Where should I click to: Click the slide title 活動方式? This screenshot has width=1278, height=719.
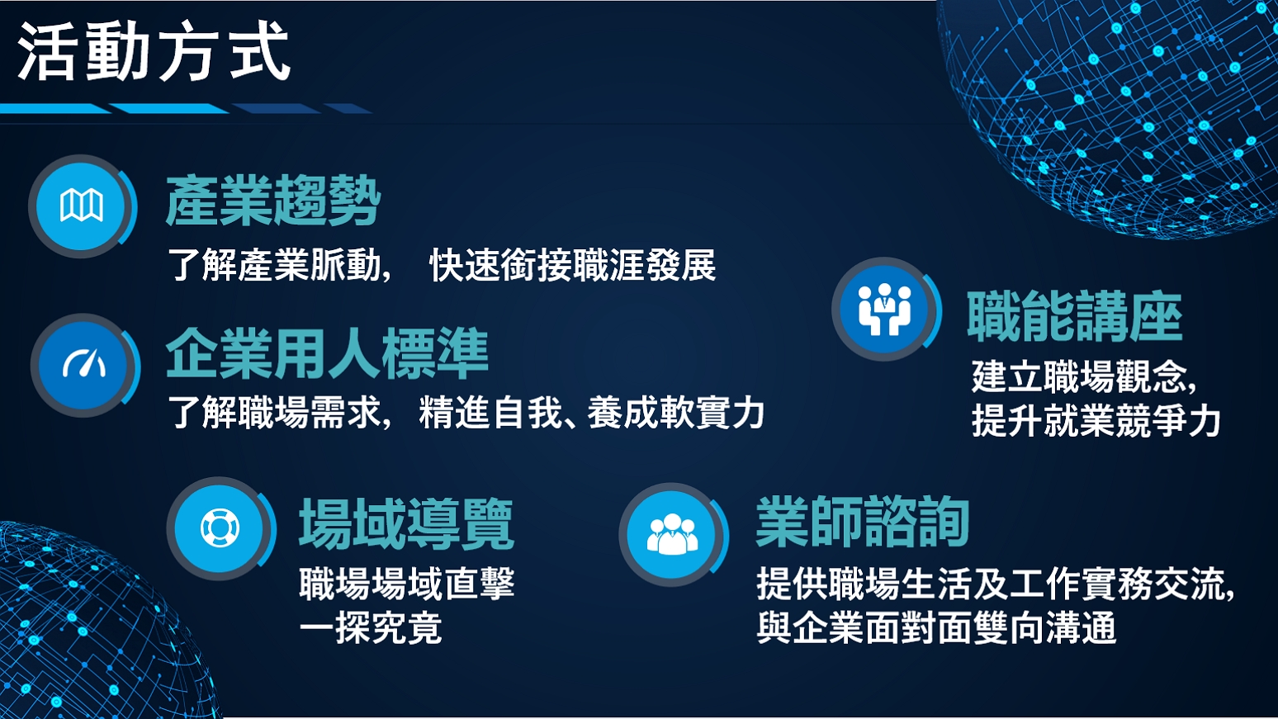[x=154, y=51]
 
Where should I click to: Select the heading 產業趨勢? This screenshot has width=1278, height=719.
[x=272, y=201]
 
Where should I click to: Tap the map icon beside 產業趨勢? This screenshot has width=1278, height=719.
[x=82, y=206]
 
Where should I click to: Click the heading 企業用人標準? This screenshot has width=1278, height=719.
[x=327, y=353]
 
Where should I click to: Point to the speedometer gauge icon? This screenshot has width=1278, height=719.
[x=84, y=364]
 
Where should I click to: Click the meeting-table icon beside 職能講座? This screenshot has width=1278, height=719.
[x=885, y=309]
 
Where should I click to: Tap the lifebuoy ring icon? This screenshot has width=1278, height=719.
[x=220, y=527]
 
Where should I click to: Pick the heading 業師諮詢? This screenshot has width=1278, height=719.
[x=863, y=521]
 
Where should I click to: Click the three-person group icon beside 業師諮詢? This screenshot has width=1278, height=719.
[x=673, y=534]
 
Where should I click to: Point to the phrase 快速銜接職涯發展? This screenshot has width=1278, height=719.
[x=573, y=265]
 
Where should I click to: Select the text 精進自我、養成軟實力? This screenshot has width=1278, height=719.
[x=592, y=413]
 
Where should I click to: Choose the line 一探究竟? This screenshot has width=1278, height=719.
[x=371, y=628]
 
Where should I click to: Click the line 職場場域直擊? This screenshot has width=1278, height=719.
[x=407, y=584]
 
